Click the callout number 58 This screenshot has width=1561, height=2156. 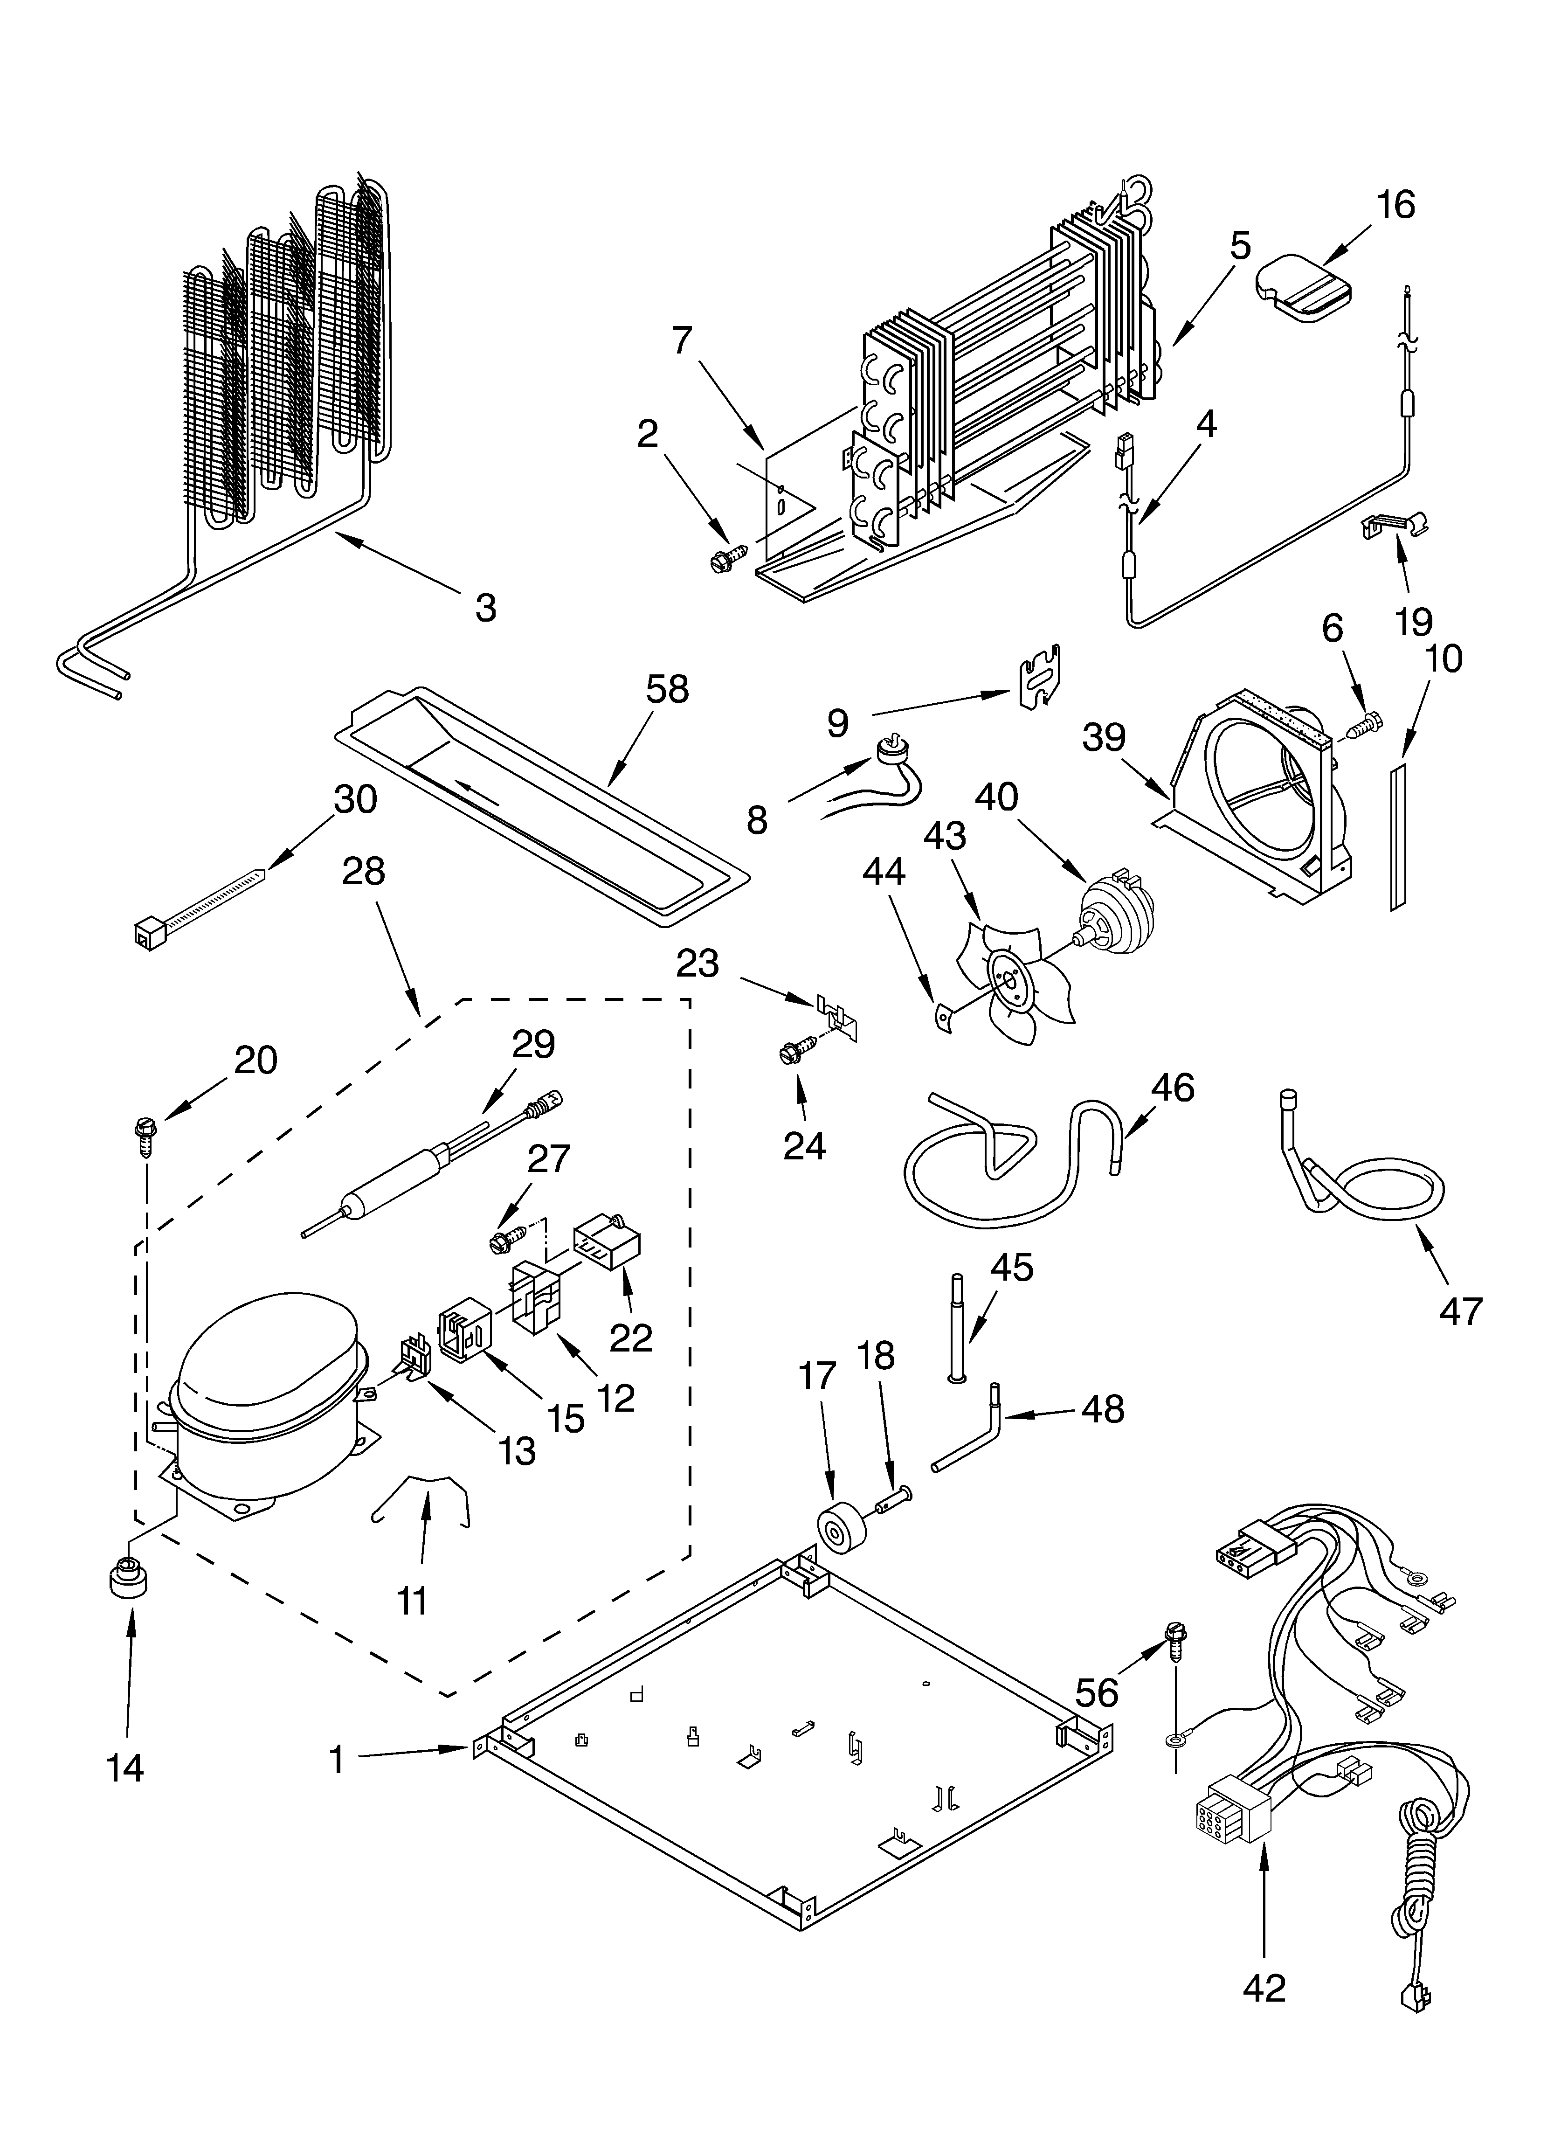pos(666,689)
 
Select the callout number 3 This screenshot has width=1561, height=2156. pos(485,606)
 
